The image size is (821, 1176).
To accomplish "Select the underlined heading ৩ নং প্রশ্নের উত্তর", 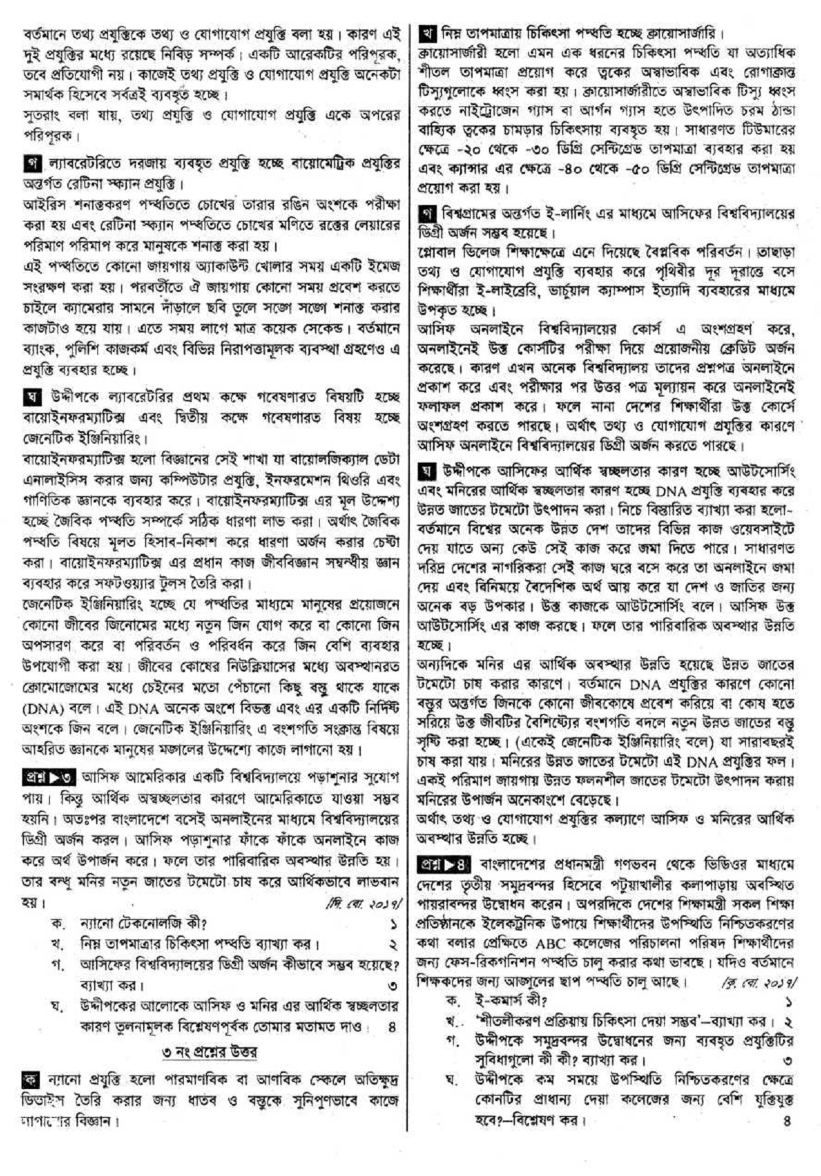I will click(209, 1052).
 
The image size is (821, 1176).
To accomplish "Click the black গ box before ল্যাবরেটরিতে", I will click(29, 161).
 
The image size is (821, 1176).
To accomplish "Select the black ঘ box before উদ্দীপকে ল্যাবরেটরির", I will click(29, 397).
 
